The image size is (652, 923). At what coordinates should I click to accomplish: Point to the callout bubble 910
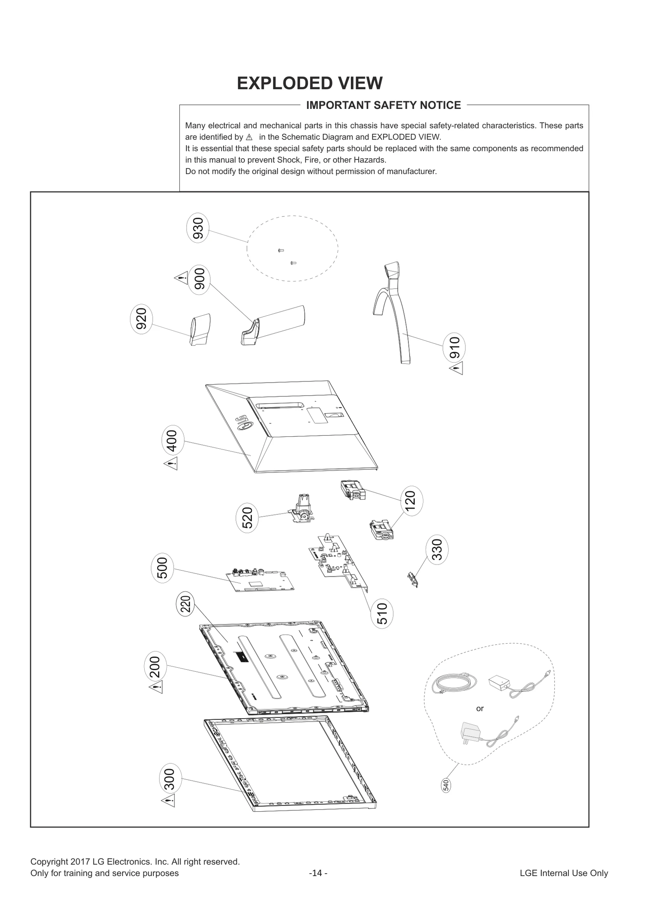[454, 347]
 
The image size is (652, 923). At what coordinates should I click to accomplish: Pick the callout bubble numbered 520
[247, 518]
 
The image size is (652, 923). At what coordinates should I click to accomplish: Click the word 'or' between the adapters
[480, 708]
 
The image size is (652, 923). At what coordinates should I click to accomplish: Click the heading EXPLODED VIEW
[310, 83]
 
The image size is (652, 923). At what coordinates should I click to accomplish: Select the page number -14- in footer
[318, 873]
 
